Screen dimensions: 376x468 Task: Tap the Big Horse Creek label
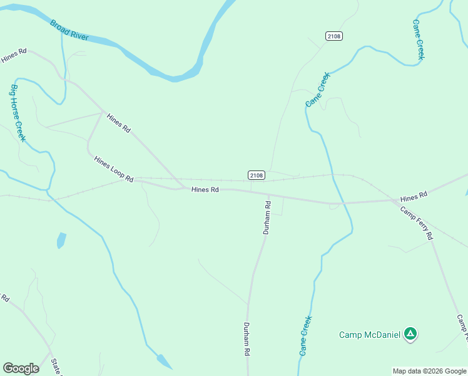[x=18, y=113]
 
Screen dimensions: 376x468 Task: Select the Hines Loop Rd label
[x=114, y=169]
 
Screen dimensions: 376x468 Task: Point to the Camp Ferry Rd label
[x=417, y=223]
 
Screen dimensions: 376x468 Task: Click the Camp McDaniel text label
[x=369, y=335]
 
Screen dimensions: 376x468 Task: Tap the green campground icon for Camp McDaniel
[x=410, y=334]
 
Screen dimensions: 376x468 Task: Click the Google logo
[x=21, y=368]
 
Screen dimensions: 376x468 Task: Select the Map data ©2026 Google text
[x=429, y=371]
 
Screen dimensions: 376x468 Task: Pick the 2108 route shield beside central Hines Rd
[x=256, y=175]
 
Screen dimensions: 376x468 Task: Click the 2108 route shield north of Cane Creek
[x=334, y=36]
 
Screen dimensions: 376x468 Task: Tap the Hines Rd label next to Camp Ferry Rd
[x=413, y=196]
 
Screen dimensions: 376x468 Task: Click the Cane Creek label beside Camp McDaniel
[x=305, y=335]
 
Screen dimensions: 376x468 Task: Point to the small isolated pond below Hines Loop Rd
[x=61, y=240]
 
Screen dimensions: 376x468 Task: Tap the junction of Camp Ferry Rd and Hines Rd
[x=395, y=201]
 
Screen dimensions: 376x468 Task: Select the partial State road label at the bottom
[x=56, y=368]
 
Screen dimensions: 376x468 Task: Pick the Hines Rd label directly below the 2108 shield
[x=205, y=189]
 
